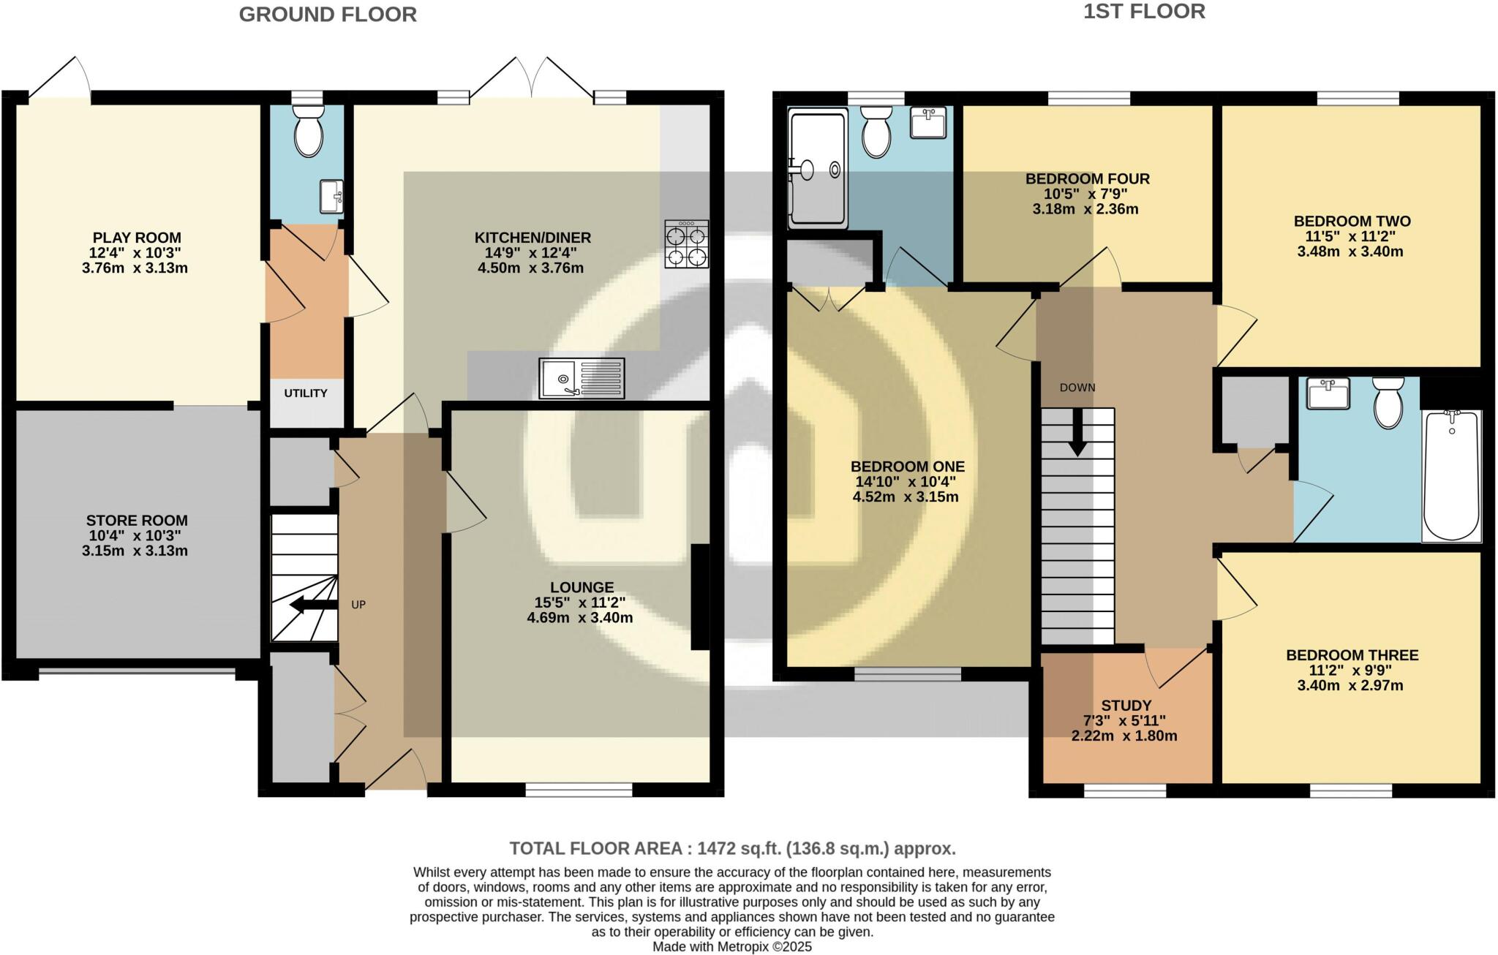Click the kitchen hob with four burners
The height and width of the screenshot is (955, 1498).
[687, 245]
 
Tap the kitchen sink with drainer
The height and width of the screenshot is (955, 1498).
[581, 378]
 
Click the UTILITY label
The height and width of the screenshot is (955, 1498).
[306, 393]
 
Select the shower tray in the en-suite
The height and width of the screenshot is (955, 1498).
[817, 168]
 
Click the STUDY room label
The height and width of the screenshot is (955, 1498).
[1126, 706]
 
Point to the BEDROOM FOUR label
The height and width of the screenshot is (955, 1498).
[1087, 178]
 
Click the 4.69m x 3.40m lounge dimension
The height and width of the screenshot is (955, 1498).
[579, 618]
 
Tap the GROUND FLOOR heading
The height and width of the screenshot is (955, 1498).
[328, 15]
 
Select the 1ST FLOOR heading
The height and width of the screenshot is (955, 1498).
[1144, 12]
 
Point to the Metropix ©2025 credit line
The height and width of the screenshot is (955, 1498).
[731, 947]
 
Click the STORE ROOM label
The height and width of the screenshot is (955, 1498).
[137, 521]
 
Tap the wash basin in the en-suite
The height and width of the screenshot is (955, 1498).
[928, 122]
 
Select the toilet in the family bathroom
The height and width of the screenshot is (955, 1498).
[1388, 403]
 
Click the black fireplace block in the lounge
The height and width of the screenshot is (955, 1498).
[700, 597]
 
